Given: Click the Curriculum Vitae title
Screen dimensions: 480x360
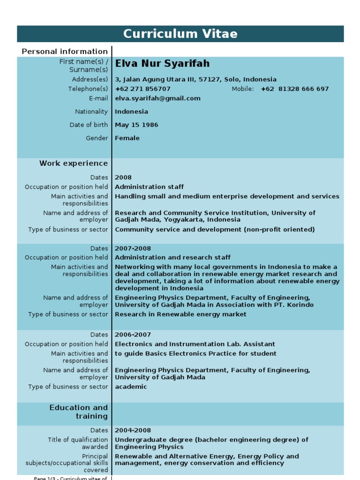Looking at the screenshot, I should pos(180,34).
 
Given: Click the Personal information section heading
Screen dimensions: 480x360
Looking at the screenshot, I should pos(65,52).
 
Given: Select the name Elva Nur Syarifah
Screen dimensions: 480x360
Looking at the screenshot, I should pos(162,63).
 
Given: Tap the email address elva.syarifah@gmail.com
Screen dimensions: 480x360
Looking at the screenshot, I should pos(157,98).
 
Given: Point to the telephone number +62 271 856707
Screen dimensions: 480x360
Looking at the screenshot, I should pos(142,89).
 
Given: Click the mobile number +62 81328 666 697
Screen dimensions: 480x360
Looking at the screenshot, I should pos(295,89).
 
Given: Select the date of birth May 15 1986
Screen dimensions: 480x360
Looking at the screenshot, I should pos(136,125).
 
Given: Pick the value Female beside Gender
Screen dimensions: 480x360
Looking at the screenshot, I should pos(127,138).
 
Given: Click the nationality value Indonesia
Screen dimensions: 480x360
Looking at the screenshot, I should pos(131,112).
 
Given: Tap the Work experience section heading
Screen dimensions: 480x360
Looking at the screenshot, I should pos(73,164).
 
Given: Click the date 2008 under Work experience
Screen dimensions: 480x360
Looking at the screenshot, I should pos(123,178).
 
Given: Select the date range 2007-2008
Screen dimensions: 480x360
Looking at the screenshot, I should pos(133,248).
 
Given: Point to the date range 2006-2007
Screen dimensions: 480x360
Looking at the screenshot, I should pos(133,335).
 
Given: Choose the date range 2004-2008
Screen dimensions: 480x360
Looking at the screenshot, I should pos(133,430).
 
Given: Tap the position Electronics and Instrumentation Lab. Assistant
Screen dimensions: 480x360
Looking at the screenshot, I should pos(195,344).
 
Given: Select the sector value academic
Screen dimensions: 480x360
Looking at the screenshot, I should pos(131,387).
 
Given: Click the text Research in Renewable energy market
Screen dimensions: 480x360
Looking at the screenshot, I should pos(180,315).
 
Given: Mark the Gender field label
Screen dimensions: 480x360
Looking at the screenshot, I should pos(97,138).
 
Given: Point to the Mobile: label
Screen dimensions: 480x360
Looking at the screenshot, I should pos(243,89).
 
